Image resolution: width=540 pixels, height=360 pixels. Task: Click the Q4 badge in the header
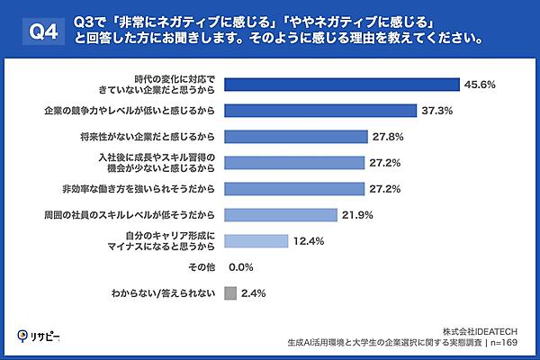coord(35,31)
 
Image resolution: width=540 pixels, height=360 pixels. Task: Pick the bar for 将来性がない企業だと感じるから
coord(294,137)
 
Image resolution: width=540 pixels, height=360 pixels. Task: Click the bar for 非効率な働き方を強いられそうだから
coord(293,189)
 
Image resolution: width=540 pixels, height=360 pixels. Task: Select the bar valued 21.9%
coord(280,215)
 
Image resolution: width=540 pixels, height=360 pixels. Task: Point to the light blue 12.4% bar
coord(255,241)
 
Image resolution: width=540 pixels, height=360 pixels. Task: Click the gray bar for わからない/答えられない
coord(229,293)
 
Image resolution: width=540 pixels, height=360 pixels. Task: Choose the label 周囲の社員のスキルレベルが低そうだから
coord(146,215)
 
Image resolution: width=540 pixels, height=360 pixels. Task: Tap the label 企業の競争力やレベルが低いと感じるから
coord(130,111)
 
